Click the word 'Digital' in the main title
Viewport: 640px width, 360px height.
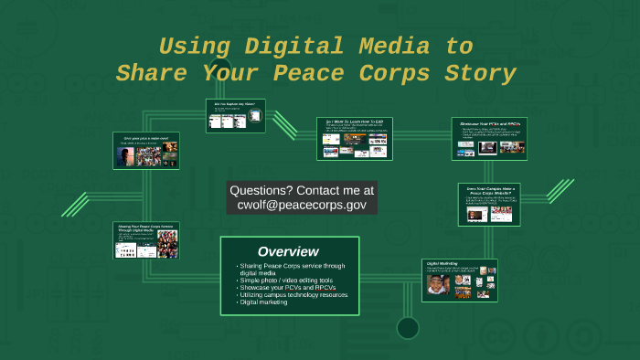tap(299, 46)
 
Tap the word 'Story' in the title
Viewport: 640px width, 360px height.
tap(477, 73)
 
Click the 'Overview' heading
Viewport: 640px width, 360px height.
tap(288, 251)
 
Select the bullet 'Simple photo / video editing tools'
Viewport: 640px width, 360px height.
tap(287, 281)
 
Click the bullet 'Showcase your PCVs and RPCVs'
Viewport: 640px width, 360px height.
tap(285, 288)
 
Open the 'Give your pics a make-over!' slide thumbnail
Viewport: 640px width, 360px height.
tap(146, 151)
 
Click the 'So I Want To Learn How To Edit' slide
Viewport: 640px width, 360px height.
tap(354, 138)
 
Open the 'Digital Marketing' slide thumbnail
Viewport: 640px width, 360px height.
tap(460, 279)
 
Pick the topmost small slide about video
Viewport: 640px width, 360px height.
tap(235, 116)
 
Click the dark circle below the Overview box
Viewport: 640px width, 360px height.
tap(407, 327)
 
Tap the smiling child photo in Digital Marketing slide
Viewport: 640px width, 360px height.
tap(437, 285)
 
